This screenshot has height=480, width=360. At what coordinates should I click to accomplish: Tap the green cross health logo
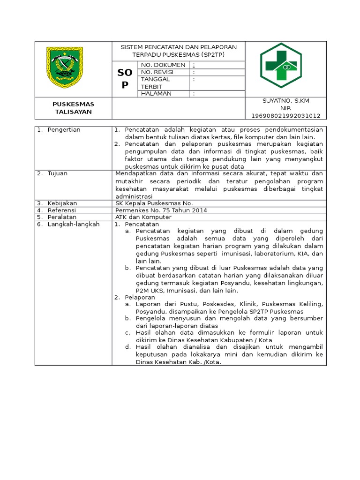tap(281, 66)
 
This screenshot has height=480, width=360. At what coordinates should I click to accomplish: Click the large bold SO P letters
tap(124, 78)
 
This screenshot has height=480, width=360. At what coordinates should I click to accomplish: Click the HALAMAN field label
tap(156, 94)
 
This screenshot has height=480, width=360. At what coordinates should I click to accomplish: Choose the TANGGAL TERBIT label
tap(155, 83)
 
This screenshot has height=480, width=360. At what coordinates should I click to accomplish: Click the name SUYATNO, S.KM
tap(286, 101)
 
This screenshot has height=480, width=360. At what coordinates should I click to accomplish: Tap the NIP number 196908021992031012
tap(286, 115)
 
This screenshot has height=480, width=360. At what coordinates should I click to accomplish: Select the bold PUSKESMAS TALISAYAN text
tap(74, 108)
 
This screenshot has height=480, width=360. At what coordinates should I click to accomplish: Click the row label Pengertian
tap(64, 130)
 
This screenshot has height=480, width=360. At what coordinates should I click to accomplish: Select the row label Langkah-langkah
tap(74, 225)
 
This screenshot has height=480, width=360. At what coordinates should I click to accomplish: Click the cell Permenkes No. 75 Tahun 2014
tap(161, 210)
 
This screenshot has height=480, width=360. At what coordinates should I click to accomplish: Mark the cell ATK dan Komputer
tap(143, 217)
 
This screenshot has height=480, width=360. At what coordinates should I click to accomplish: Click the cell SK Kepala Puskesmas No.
tap(154, 203)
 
